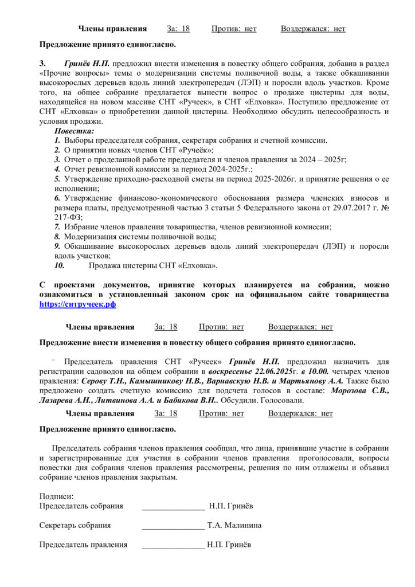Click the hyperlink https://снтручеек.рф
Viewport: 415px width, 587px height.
[x=77, y=304]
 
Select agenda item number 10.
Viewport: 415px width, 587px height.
[x=60, y=265]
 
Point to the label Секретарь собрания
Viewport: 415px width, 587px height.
[x=75, y=525]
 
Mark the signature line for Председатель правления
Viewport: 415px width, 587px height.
[x=173, y=546]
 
